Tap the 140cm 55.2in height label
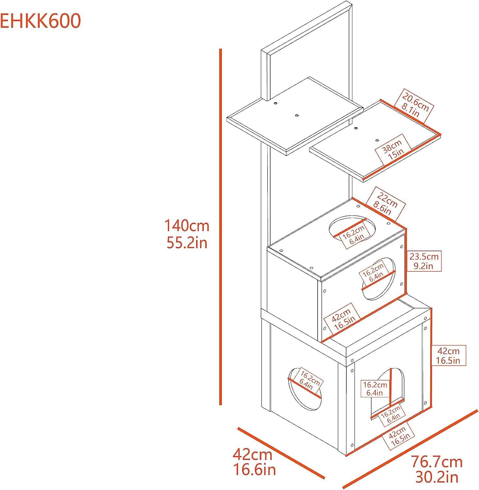tap(187, 234)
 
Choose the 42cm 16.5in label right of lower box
tap(448, 356)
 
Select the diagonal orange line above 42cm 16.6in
tap(281, 452)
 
